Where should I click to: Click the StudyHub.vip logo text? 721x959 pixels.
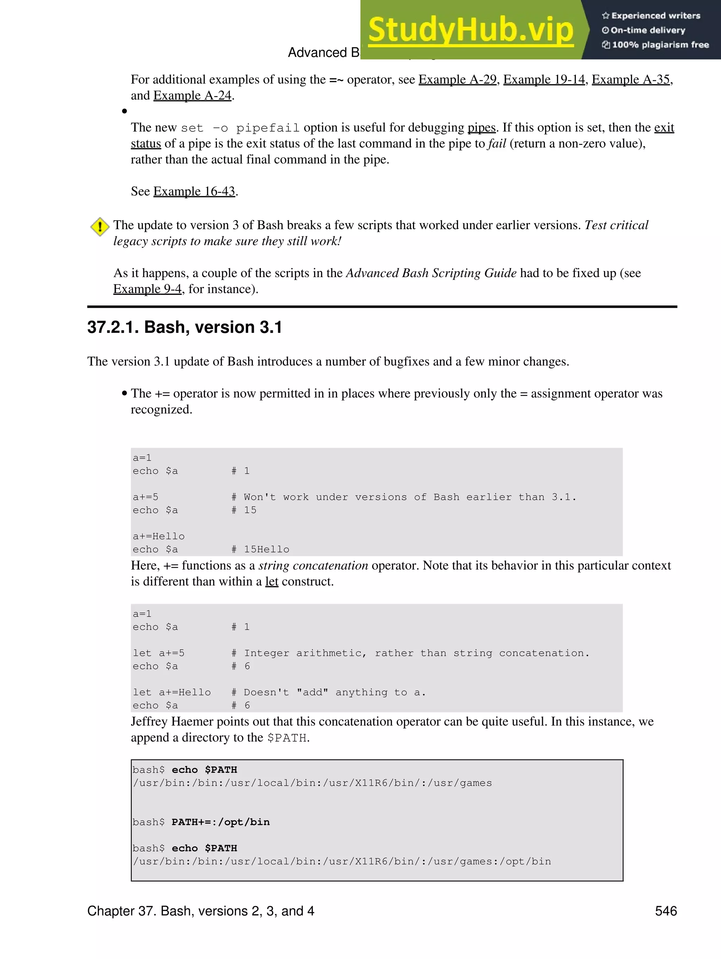(x=471, y=30)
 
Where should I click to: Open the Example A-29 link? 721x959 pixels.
(x=457, y=80)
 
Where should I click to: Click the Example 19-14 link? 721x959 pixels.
(x=544, y=80)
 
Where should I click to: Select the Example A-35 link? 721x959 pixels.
(x=631, y=80)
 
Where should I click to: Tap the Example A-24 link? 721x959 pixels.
(x=192, y=96)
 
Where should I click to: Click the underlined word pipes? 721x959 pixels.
(x=482, y=128)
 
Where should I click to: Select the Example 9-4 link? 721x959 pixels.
(x=148, y=289)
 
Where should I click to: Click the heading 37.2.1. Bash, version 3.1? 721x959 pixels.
(x=184, y=327)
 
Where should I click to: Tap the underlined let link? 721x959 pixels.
(x=271, y=582)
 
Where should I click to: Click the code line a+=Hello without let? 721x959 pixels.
(x=159, y=536)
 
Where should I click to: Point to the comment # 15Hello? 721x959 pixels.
(x=260, y=549)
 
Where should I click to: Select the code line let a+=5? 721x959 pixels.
(x=159, y=653)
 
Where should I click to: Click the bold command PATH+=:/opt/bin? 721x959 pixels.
(x=220, y=822)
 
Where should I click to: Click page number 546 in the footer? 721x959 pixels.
(x=665, y=911)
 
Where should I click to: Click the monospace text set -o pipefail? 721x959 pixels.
(x=240, y=128)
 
